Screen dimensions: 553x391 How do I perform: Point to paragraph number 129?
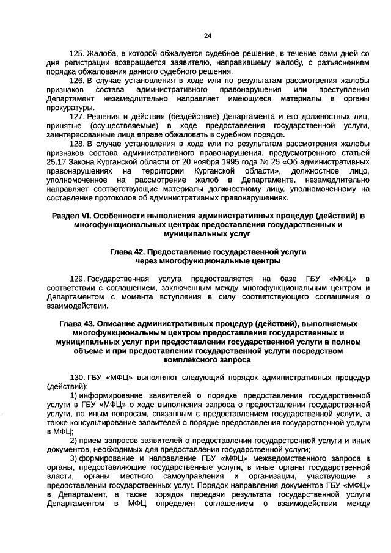[77, 279]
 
